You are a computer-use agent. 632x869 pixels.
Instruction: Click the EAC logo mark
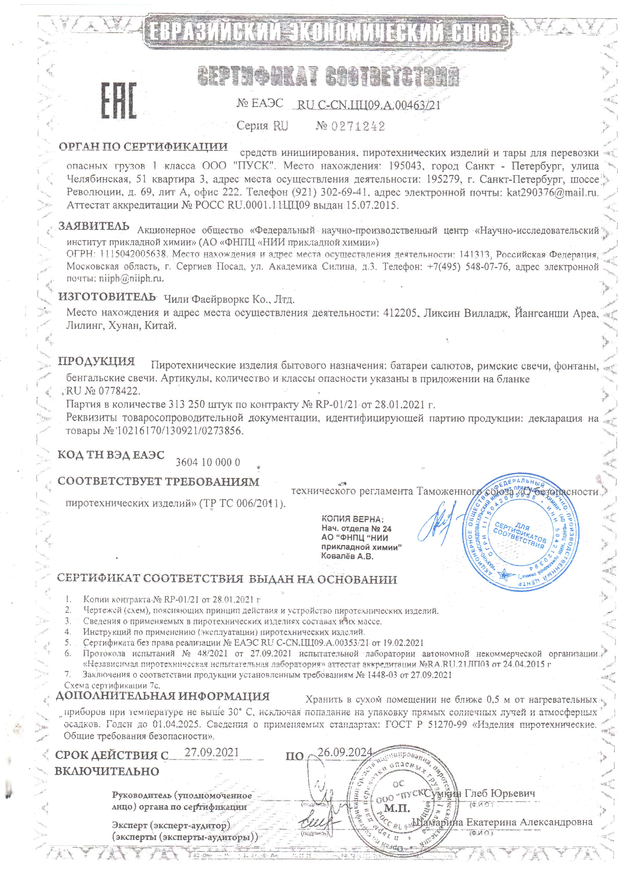[119, 101]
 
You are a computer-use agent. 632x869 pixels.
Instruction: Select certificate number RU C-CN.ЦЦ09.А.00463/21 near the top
[369, 105]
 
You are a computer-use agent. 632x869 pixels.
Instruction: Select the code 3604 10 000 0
[208, 462]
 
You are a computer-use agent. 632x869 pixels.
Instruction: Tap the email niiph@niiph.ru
[130, 278]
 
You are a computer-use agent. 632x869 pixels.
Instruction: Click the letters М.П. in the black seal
[397, 809]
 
